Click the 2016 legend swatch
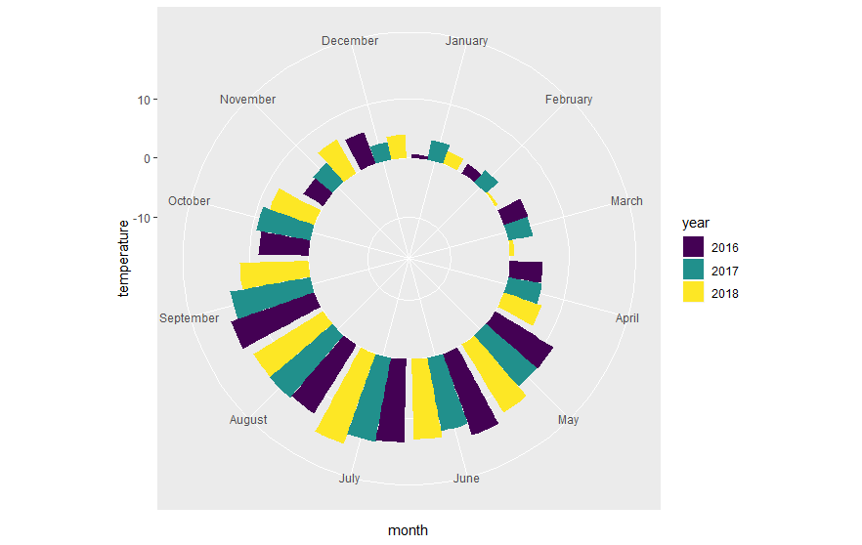point(693,247)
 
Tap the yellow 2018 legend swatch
point(693,292)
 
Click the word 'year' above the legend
point(695,224)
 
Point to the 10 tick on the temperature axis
point(142,100)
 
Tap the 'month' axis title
point(408,530)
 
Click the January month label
point(466,41)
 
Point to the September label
point(190,318)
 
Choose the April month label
point(626,318)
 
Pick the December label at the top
point(350,41)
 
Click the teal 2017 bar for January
point(439,151)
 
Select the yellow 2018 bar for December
point(397,147)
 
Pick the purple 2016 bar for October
point(283,243)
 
